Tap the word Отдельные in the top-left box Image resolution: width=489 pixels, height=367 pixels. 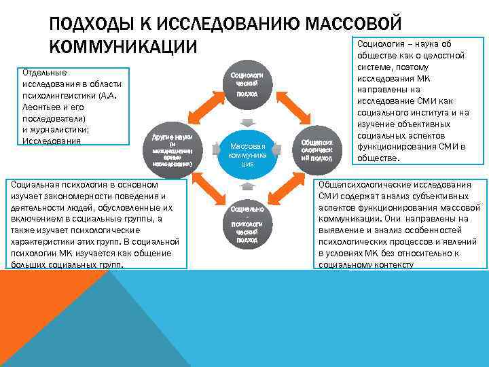pyautogui.click(x=44, y=71)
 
